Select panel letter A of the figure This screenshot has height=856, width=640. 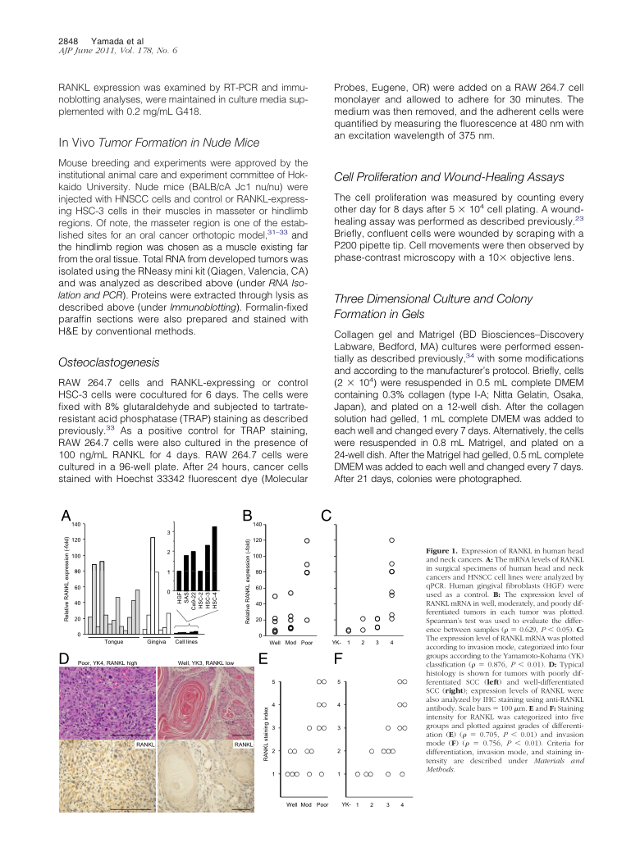pos(66,516)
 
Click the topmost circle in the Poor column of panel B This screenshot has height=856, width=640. pos(307,540)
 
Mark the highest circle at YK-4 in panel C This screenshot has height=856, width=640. pos(392,540)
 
